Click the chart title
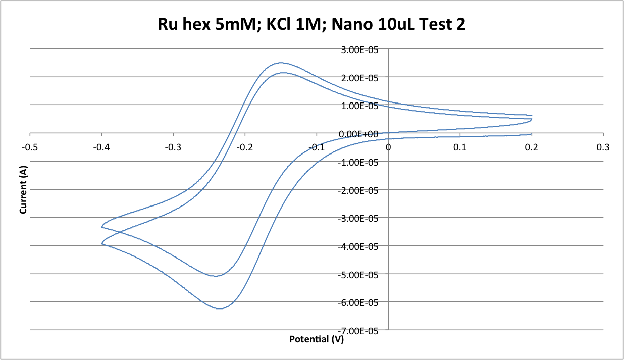(x=311, y=24)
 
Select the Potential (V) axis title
(x=316, y=339)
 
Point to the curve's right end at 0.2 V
(x=532, y=119)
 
